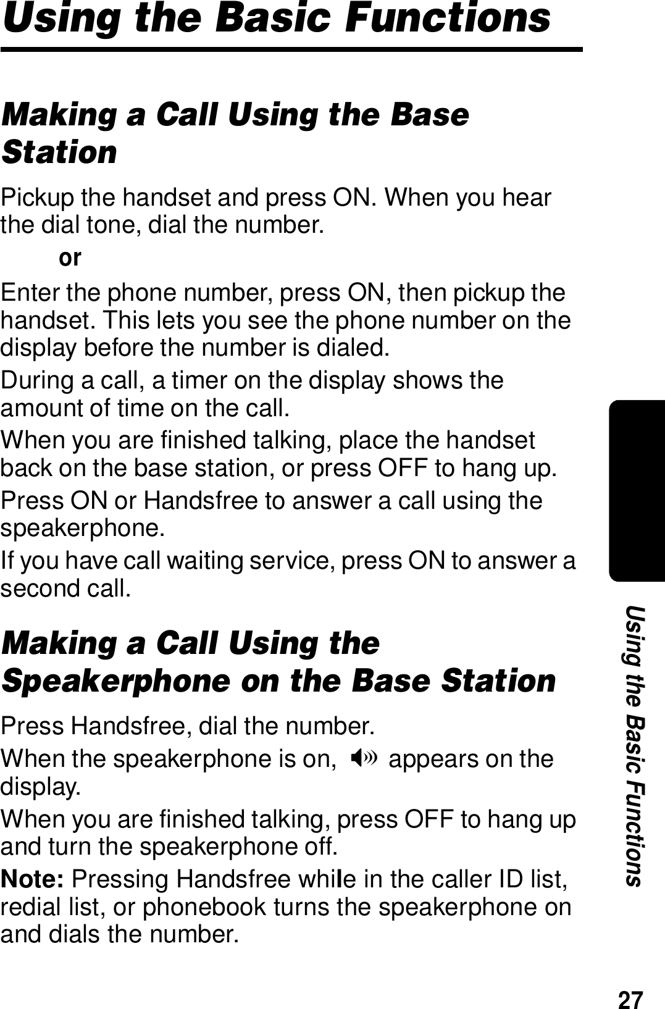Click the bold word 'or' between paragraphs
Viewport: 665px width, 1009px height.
(70, 257)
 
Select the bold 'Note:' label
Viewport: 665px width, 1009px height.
(35, 879)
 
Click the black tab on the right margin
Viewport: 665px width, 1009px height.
(637, 491)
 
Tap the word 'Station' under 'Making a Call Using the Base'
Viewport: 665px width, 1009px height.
(59, 152)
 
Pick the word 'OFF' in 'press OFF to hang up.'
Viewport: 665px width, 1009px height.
(403, 469)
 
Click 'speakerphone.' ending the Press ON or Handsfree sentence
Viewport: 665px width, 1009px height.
(83, 529)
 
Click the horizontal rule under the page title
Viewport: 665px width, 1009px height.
(291, 49)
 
